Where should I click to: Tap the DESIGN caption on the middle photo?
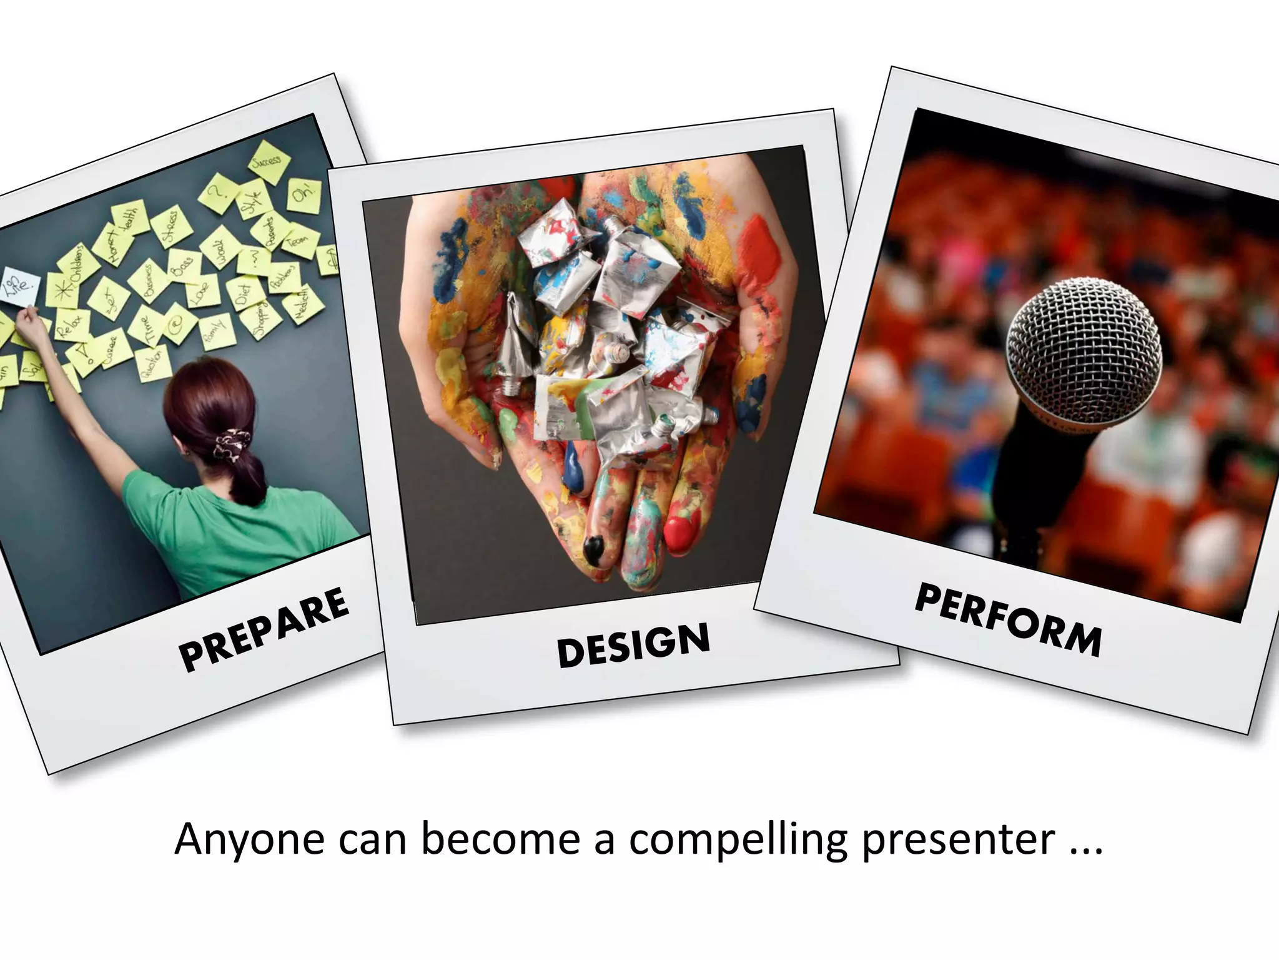coord(633,644)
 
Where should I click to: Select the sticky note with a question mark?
coord(215,191)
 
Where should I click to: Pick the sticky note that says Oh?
coord(304,195)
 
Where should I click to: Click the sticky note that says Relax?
coord(70,325)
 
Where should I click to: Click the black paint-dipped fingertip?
coord(594,550)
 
